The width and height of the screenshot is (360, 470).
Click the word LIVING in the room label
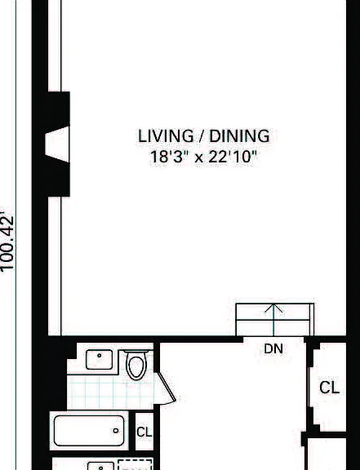pyautogui.click(x=166, y=136)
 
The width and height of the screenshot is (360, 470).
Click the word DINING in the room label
pyautogui.click(x=239, y=136)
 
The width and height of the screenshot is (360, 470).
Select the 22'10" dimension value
pyautogui.click(x=233, y=157)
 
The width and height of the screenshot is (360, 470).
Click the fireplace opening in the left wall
pyautogui.click(x=57, y=144)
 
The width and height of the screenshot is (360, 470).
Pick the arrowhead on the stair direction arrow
pyautogui.click(x=273, y=308)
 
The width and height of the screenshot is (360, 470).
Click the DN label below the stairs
pyautogui.click(x=273, y=348)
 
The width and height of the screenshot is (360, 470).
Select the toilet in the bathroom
pyautogui.click(x=136, y=364)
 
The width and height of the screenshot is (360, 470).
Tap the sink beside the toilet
pyautogui.click(x=100, y=359)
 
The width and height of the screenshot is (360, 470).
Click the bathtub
pyautogui.click(x=89, y=431)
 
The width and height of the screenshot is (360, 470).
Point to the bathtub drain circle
pyautogui.click(x=116, y=431)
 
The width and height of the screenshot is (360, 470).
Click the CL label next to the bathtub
pyautogui.click(x=144, y=432)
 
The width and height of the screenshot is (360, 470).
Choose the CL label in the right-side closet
pyautogui.click(x=330, y=388)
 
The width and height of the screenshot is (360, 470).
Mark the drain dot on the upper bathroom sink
pyautogui.click(x=100, y=356)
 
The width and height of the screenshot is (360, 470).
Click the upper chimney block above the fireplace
pyautogui.click(x=59, y=109)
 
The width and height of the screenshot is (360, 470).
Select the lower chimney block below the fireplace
pyautogui.click(x=59, y=179)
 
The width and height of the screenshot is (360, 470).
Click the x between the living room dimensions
pyautogui.click(x=198, y=158)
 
